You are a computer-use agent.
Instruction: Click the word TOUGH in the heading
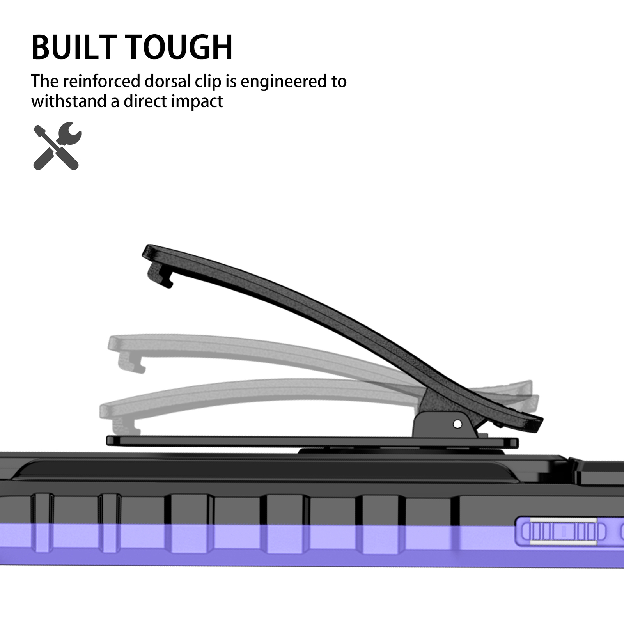pyautogui.click(x=180, y=48)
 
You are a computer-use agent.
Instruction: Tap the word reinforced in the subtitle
pyautogui.click(x=101, y=82)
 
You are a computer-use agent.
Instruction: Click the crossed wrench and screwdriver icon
pyautogui.click(x=57, y=146)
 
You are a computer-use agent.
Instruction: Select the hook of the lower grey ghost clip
pyautogui.click(x=125, y=426)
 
